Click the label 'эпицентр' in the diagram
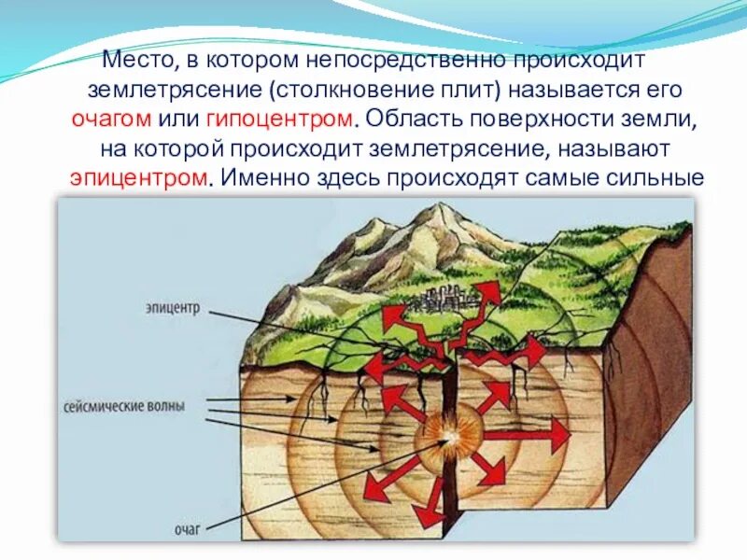point(173,305)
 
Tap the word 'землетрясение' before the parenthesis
point(173,91)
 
